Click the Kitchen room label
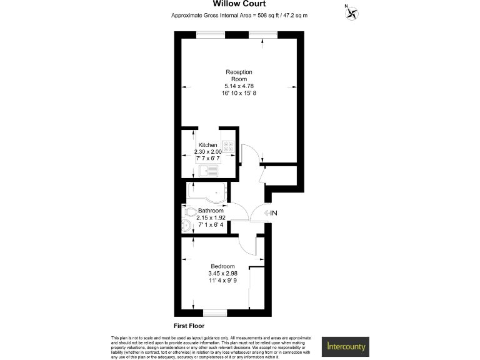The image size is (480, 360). [x=207, y=144]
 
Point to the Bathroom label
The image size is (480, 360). [x=211, y=211]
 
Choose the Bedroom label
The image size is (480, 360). [x=222, y=266]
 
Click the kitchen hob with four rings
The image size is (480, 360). [x=229, y=148]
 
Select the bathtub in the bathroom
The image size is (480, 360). [x=207, y=191]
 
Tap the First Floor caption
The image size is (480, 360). [x=189, y=326]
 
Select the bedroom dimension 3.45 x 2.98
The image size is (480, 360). [x=222, y=273]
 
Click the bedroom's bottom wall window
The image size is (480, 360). [x=214, y=312]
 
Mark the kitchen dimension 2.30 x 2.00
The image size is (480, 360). [x=208, y=152]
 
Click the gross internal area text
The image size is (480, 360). [x=240, y=16]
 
